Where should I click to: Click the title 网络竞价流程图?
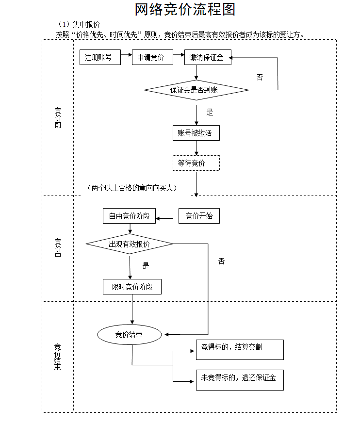[185, 10]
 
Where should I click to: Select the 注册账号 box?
[100, 58]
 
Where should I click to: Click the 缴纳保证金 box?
[208, 58]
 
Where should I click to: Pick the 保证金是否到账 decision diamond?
[196, 90]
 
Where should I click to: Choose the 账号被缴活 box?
[196, 133]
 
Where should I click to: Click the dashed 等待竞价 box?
[196, 163]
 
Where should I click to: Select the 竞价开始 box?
[199, 216]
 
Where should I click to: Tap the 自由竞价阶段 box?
[130, 216]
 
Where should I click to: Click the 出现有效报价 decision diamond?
[130, 244]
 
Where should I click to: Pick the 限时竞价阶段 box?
[132, 287]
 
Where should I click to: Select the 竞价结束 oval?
[130, 334]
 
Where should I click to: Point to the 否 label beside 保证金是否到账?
[260, 78]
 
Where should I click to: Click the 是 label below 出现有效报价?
[146, 266]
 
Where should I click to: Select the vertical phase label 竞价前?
[58, 118]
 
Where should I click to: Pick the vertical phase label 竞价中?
[58, 248]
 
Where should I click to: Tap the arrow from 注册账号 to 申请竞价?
[126, 57]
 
